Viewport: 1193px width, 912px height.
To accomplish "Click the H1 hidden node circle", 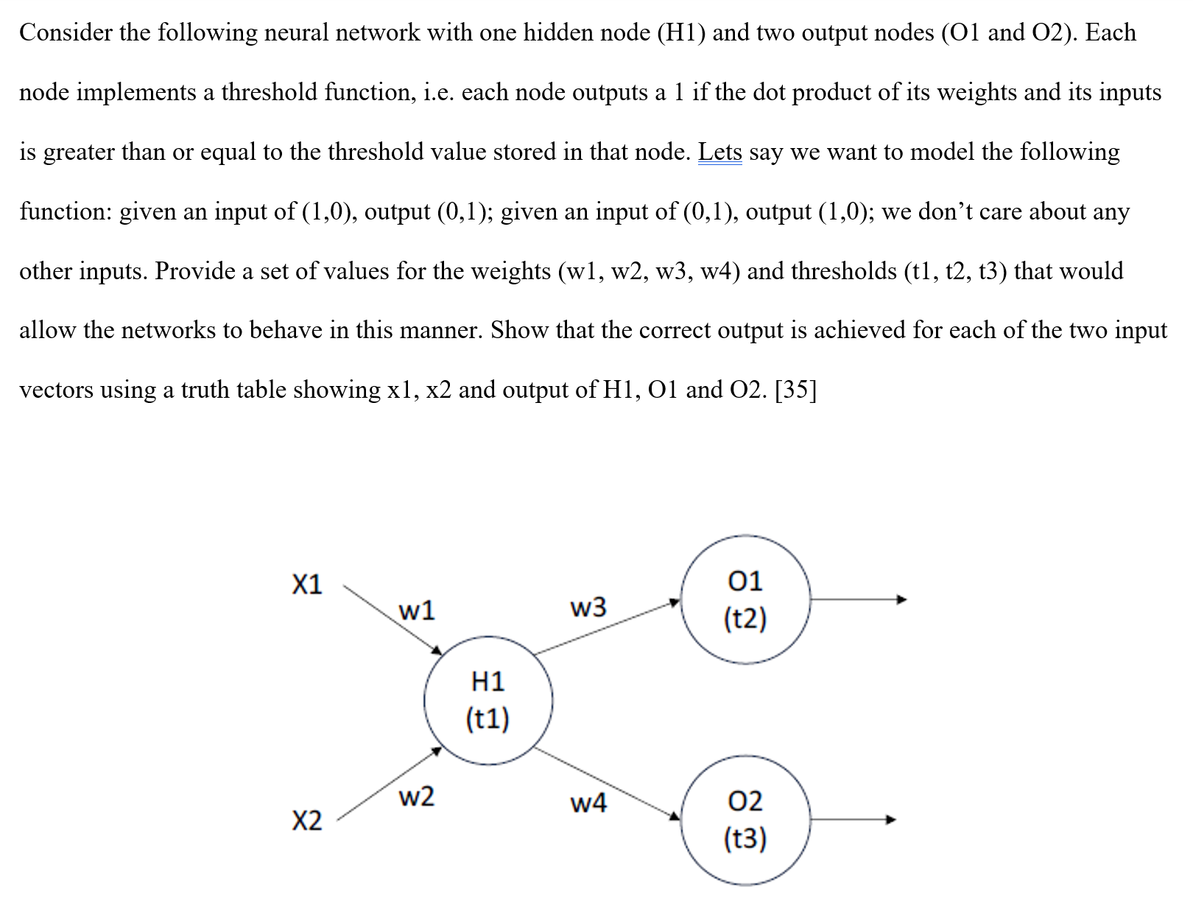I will (x=488, y=700).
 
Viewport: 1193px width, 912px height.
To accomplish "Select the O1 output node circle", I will (x=745, y=600).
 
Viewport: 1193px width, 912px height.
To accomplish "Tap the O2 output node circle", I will (x=745, y=819).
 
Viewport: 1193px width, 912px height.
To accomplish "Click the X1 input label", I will (x=307, y=585).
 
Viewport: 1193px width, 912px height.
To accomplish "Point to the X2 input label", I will (x=307, y=820).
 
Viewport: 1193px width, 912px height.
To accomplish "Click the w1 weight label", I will (x=416, y=611).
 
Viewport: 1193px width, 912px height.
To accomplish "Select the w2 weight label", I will (x=416, y=796).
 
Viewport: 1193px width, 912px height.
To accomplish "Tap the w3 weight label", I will (x=588, y=608).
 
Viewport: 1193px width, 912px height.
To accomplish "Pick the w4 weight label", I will (x=588, y=803).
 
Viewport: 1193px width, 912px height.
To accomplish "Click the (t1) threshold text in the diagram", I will (x=488, y=719).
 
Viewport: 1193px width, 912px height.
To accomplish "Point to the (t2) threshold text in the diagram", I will (x=745, y=619).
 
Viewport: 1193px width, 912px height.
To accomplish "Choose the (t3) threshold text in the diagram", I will (x=745, y=838).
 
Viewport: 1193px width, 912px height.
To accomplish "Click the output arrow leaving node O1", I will (x=858, y=600).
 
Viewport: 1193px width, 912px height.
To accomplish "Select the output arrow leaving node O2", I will (x=853, y=819).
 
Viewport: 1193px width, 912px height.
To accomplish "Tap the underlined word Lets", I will (x=719, y=152).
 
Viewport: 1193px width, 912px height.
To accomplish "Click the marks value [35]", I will (x=795, y=390).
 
